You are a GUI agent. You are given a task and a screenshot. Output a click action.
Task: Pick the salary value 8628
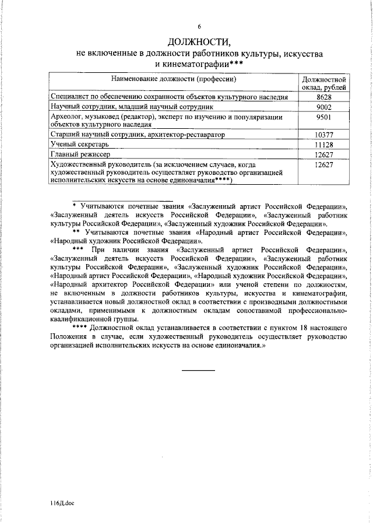(324, 97)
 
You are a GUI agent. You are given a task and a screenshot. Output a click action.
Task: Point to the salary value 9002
(324, 107)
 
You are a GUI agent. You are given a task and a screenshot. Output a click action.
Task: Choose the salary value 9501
(324, 117)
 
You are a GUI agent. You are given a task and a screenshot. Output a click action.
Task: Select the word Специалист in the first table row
(71, 97)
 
